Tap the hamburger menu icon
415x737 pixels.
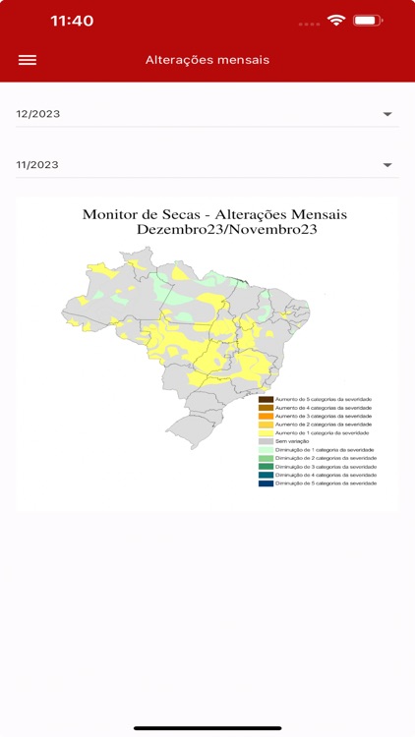[x=28, y=60]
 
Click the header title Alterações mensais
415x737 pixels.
[x=207, y=60]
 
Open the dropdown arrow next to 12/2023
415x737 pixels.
[x=387, y=114]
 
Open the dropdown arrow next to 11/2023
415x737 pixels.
[x=387, y=165]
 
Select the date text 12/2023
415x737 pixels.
[x=38, y=114]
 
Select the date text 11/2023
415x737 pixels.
[x=38, y=165]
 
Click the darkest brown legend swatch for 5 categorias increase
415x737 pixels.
[x=266, y=399]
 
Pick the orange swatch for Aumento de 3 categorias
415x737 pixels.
[x=266, y=417]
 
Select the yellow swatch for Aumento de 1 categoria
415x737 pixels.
[x=266, y=433]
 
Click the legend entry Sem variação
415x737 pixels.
[x=292, y=441]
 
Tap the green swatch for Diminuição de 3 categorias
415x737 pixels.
[x=266, y=467]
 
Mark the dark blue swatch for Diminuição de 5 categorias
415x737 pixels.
[x=266, y=483]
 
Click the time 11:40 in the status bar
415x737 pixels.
[x=72, y=21]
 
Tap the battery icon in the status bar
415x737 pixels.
[x=367, y=20]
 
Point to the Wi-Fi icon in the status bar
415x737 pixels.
[x=336, y=20]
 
